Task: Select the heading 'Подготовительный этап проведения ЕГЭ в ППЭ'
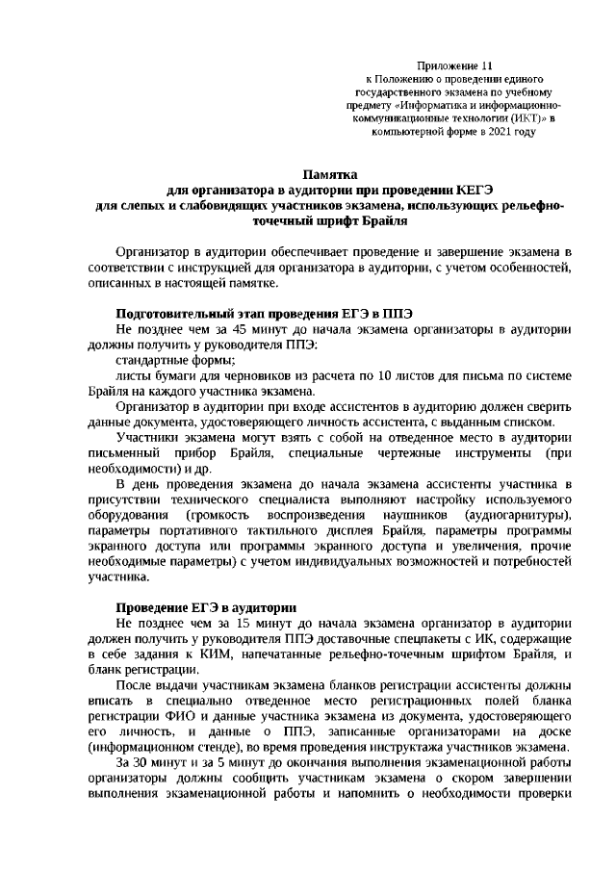click(264, 313)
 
